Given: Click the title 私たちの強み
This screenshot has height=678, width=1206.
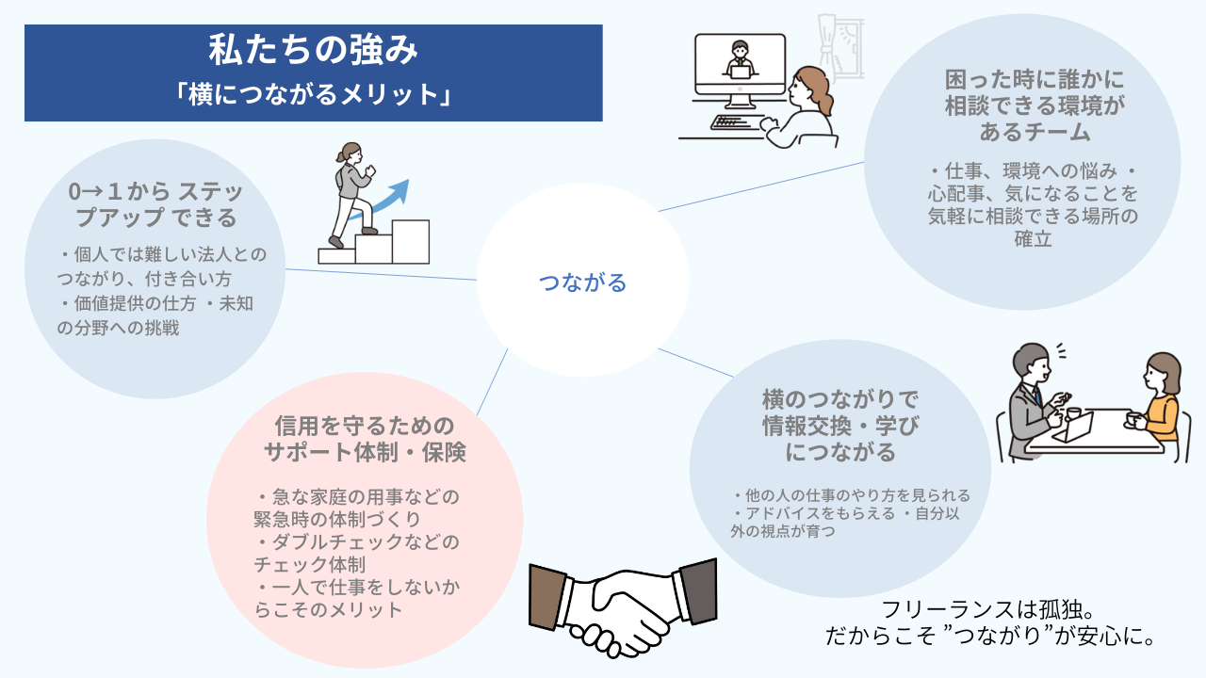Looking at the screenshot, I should [x=313, y=52].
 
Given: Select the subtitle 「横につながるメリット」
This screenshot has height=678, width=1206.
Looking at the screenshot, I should [x=313, y=95].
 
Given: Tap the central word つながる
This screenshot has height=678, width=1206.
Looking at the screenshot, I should [x=582, y=282].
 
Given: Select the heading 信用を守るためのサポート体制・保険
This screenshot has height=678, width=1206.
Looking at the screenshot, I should [x=364, y=439].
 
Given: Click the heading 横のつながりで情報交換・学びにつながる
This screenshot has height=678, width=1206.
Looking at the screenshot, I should [x=840, y=425].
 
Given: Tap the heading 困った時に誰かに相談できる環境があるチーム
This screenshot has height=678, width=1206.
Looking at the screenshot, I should [x=1022, y=105].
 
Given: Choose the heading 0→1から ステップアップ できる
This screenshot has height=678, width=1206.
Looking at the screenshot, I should [x=155, y=205].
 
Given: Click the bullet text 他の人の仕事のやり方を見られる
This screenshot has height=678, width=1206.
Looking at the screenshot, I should [x=852, y=495].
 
